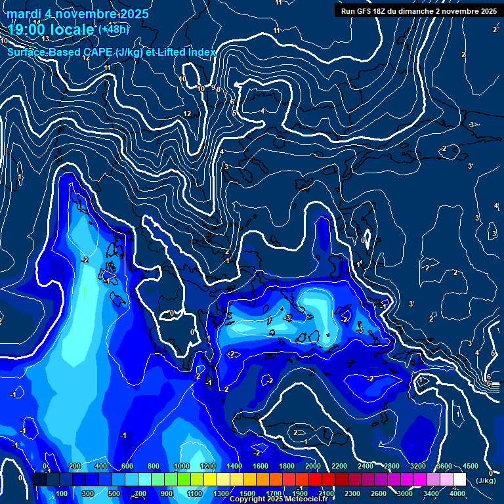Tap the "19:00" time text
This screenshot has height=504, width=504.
tap(27, 30)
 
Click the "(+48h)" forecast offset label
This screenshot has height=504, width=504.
tap(114, 30)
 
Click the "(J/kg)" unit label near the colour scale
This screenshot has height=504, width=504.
tap(486, 480)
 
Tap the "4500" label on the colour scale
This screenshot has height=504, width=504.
tap(470, 466)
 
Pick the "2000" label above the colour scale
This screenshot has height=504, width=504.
tap(312, 466)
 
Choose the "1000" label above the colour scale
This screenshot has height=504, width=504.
tap(181, 466)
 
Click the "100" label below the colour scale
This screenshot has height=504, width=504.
tap(62, 493)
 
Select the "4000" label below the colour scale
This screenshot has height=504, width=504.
tap(457, 493)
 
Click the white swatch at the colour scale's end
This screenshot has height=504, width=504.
tap(459, 480)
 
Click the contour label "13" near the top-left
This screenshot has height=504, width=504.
tap(45, 58)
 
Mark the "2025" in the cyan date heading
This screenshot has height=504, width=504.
tap(133, 14)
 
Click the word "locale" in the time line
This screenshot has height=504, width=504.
tap(72, 30)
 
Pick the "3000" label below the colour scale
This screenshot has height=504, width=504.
tap(405, 493)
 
